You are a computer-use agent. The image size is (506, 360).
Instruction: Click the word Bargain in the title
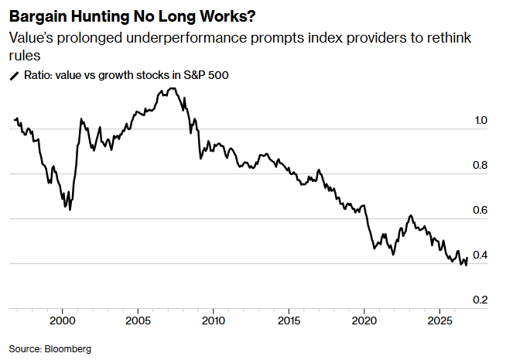click(x=37, y=17)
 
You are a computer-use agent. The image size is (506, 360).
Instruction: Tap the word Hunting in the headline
click(x=100, y=17)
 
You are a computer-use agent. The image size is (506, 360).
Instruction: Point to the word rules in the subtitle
click(x=25, y=56)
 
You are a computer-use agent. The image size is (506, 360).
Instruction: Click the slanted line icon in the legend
click(x=15, y=76)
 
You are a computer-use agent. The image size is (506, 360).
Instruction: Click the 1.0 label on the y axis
click(x=480, y=120)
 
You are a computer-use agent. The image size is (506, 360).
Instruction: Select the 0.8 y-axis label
click(x=480, y=165)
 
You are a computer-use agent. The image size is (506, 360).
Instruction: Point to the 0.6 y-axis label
click(x=480, y=210)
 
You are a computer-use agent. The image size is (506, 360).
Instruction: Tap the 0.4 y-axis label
click(x=480, y=255)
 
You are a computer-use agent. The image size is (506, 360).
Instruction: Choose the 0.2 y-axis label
click(x=480, y=300)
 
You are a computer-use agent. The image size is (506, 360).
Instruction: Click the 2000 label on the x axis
click(x=63, y=321)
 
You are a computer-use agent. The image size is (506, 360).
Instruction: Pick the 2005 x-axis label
click(x=138, y=321)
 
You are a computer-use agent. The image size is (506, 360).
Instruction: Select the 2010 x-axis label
click(x=214, y=321)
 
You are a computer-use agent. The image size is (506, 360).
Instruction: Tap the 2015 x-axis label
click(x=289, y=321)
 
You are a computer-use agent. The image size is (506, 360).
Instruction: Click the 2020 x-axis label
click(x=364, y=321)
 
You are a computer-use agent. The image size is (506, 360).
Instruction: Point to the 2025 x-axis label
click(x=439, y=321)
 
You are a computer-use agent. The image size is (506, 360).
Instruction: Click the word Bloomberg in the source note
click(x=68, y=349)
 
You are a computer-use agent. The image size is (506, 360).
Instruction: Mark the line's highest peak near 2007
click(x=173, y=88)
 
